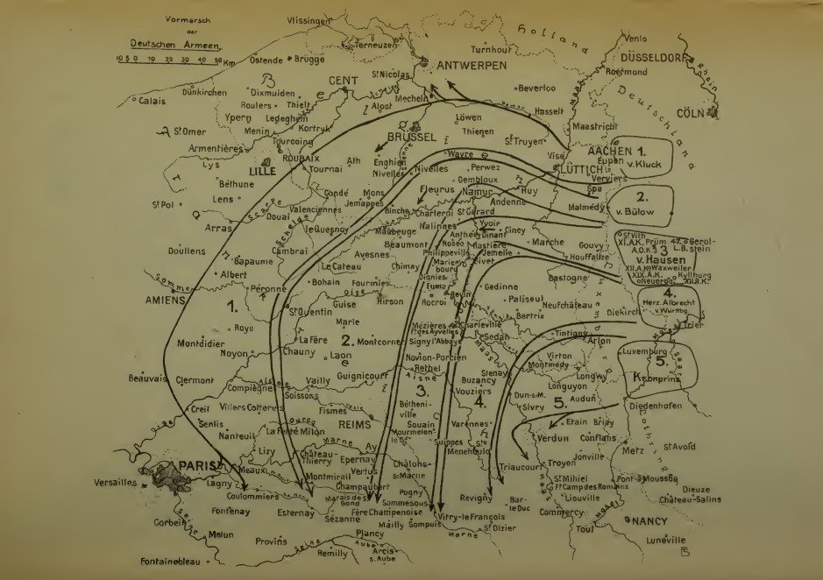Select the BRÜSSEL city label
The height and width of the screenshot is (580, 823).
pos(411,138)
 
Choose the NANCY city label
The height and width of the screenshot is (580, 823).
pos(649,522)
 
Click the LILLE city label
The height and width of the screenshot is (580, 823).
pos(262,172)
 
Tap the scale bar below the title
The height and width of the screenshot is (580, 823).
pos(167,60)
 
